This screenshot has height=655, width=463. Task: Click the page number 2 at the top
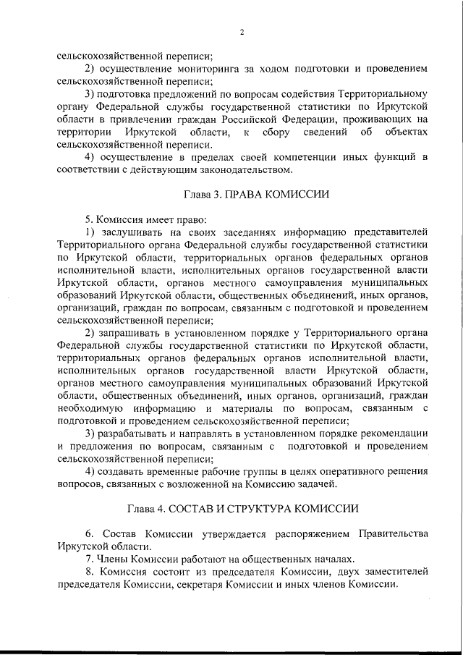(242, 33)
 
